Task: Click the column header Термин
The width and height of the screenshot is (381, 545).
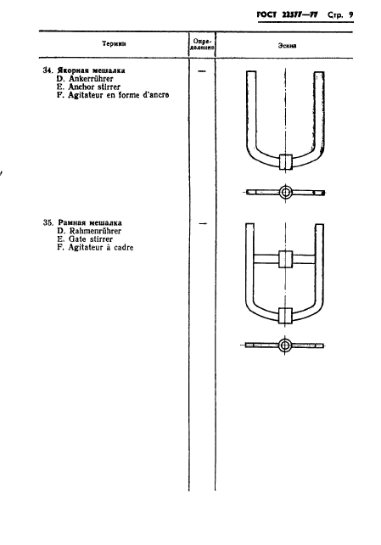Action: pyautogui.click(x=114, y=44)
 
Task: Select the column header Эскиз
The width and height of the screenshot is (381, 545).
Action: pyautogui.click(x=287, y=46)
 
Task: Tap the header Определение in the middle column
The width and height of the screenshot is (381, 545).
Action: pyautogui.click(x=202, y=44)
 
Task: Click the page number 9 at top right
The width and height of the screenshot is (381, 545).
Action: pyautogui.click(x=350, y=15)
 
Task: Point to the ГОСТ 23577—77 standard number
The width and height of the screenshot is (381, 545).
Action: pyautogui.click(x=287, y=15)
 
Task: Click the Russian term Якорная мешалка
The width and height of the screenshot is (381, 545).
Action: pyautogui.click(x=92, y=70)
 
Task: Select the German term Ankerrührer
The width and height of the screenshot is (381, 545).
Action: pyautogui.click(x=91, y=79)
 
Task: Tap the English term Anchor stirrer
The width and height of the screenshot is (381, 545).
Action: pyautogui.click(x=94, y=87)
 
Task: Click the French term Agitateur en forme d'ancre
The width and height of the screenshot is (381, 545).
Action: pyautogui.click(x=119, y=95)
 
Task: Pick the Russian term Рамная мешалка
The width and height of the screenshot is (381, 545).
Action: pyautogui.click(x=90, y=222)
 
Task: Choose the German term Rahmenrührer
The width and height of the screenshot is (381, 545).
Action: pyautogui.click(x=95, y=231)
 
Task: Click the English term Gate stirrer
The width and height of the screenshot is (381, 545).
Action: pyautogui.click(x=91, y=239)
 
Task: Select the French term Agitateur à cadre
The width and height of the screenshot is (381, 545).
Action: pyautogui.click(x=101, y=248)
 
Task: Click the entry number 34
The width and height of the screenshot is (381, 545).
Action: pyautogui.click(x=48, y=70)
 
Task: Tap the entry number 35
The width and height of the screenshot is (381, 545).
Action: pyautogui.click(x=48, y=222)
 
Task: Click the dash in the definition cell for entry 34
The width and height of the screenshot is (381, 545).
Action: pyautogui.click(x=201, y=71)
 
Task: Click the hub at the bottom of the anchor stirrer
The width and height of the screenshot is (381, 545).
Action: pyautogui.click(x=285, y=161)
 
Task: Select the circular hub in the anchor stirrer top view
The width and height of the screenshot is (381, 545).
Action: pyautogui.click(x=285, y=192)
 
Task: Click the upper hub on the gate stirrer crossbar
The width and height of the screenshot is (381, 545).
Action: pyautogui.click(x=285, y=259)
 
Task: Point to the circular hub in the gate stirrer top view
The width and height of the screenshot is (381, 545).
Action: pyautogui.click(x=285, y=346)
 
